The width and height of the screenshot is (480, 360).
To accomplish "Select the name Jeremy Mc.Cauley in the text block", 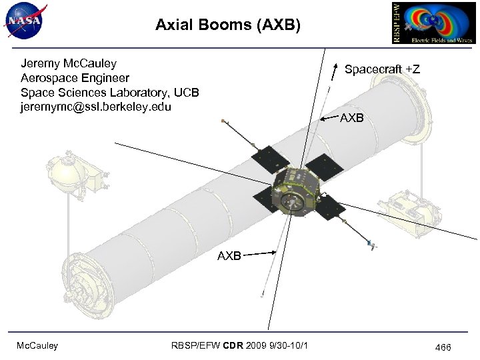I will point(69,64).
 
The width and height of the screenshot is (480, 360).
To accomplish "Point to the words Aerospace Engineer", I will point(75,78).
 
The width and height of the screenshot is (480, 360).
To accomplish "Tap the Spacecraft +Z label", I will point(382,69).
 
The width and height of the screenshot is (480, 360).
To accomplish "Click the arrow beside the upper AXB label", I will point(328,119).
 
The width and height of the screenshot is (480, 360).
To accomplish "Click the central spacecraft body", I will point(293,193).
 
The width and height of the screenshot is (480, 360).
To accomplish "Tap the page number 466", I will point(443,347).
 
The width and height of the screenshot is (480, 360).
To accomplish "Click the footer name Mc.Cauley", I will point(38,345).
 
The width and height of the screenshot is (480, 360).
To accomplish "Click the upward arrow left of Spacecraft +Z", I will point(334,69).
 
